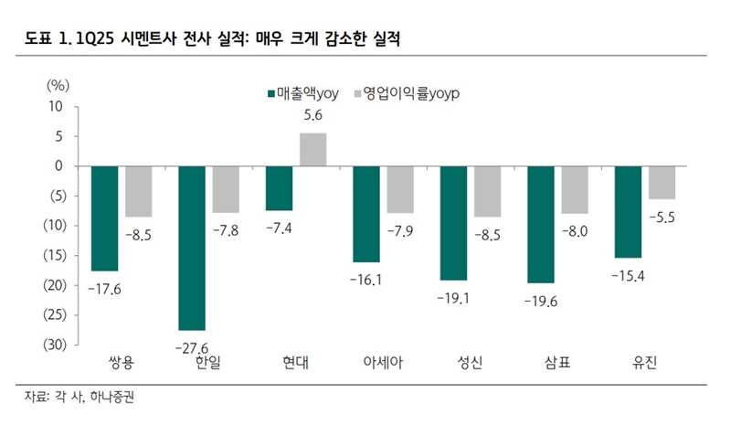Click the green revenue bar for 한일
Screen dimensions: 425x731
[192, 248]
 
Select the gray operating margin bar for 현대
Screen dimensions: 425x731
[313, 150]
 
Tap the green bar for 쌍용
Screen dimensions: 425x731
[104, 218]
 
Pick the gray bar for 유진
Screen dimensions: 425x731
[663, 183]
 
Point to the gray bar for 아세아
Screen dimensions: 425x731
[400, 189]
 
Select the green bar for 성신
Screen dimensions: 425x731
[454, 223]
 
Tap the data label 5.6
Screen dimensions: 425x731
[313, 116]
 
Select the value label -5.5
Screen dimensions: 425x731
[663, 217]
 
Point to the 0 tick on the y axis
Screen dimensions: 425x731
[59, 166]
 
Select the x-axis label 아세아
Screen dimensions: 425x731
[384, 364]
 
